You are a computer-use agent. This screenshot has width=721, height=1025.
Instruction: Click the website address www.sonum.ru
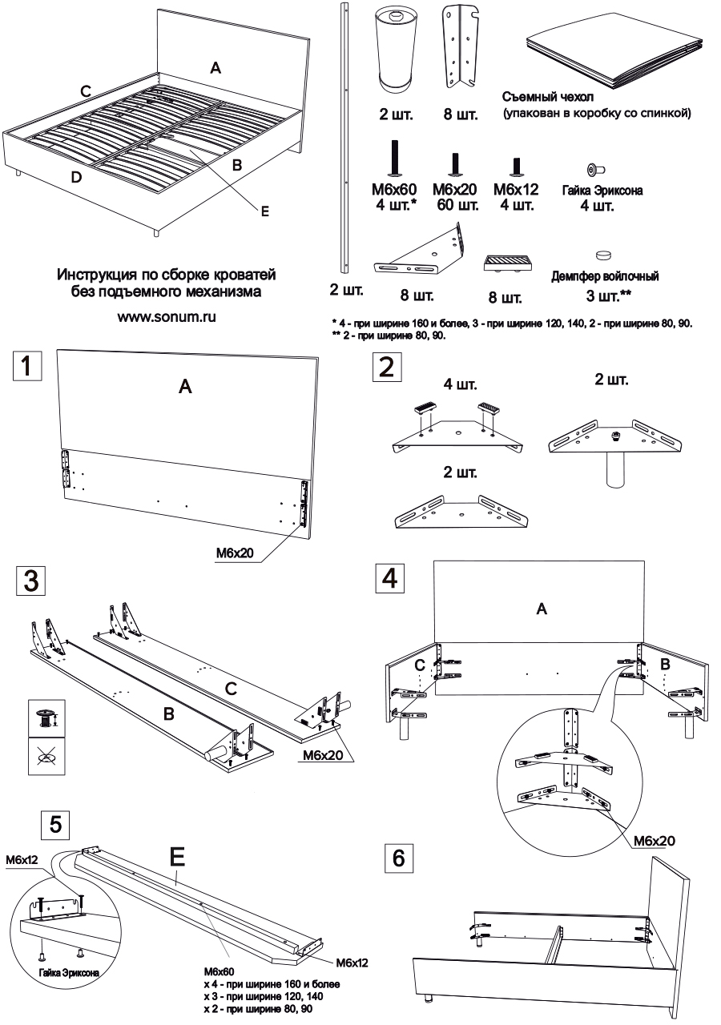coord(167,316)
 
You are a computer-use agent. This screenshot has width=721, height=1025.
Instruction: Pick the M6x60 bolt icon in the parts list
coord(393,159)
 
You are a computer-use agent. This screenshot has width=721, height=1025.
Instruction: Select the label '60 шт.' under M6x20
coord(457,206)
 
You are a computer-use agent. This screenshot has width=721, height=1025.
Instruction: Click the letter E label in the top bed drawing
coord(264,211)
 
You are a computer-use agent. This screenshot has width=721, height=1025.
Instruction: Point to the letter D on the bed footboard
coord(75,177)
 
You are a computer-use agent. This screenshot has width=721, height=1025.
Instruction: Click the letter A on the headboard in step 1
coord(185,388)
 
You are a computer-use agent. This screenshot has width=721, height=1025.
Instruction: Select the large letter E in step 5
coord(177,858)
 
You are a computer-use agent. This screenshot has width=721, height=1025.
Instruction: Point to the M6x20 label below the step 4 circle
coord(654,841)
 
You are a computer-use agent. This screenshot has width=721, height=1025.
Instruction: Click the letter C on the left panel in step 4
coord(419,666)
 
